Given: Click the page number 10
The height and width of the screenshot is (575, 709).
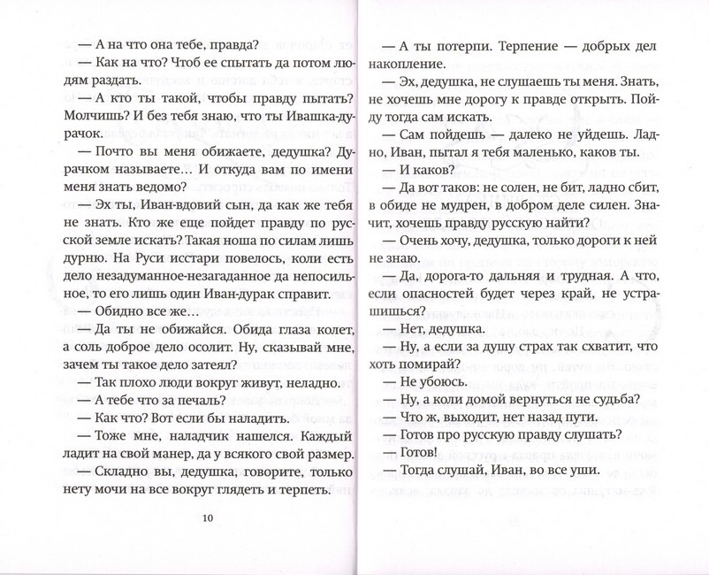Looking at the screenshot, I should (208, 518).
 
